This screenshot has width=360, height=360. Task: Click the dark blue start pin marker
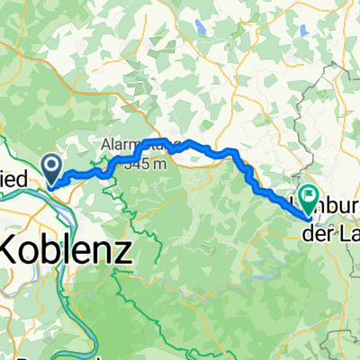[x=51, y=166]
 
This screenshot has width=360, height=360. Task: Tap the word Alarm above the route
[x=120, y=144]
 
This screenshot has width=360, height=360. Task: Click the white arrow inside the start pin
[x=51, y=165]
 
